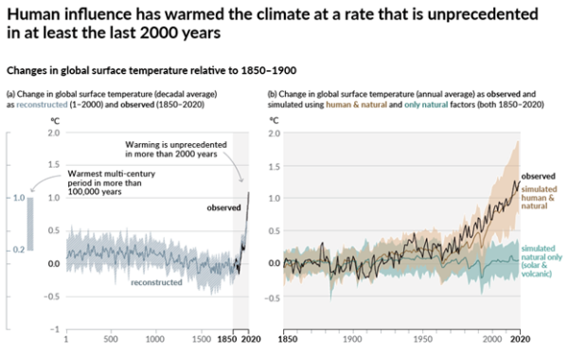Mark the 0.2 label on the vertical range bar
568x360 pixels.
17,249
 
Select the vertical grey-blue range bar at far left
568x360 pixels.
30,224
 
